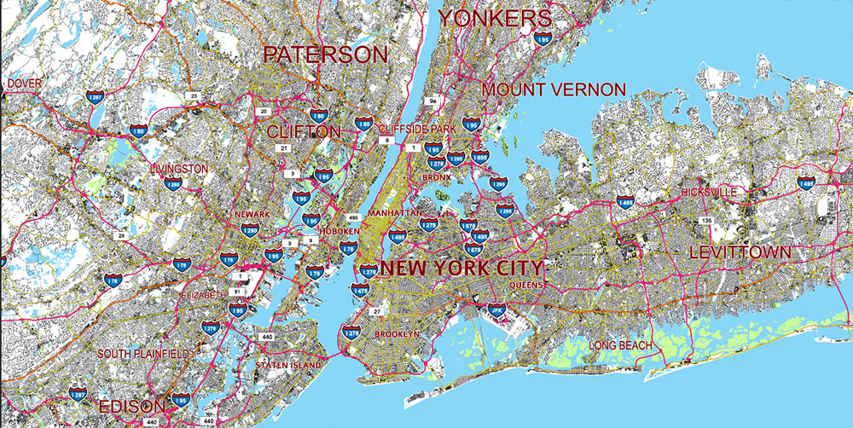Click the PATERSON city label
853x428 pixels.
coord(325,55)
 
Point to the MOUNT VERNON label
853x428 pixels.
coord(554,90)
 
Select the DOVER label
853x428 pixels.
coord(24,83)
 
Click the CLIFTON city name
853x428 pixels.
coord(304,131)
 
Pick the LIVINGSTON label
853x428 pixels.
coord(177,169)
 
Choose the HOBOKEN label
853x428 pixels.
coord(341,232)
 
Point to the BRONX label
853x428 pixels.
coord(436,177)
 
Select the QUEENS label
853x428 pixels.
coord(525,285)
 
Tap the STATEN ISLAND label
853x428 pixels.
coord(288,365)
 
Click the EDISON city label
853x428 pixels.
coord(131,406)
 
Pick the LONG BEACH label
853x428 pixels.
coord(620,345)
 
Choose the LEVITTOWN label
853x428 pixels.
coord(740,252)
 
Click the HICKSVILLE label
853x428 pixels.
coord(709,193)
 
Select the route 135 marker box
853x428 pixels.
coord(705,222)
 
